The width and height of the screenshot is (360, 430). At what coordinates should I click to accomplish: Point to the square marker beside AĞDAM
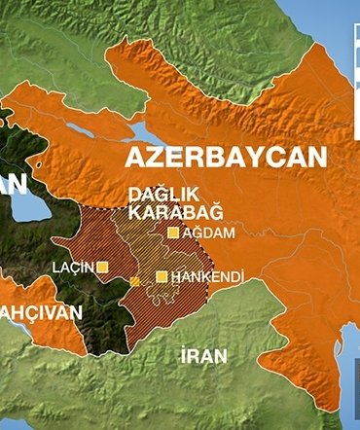click(x=173, y=233)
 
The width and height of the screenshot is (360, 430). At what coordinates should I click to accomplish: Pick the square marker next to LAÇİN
click(x=102, y=266)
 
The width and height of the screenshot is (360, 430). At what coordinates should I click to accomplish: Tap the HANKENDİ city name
click(x=205, y=277)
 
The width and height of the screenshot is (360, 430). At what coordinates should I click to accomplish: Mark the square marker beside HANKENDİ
click(x=162, y=276)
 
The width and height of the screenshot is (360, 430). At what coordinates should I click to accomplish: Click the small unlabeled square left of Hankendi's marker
click(x=134, y=281)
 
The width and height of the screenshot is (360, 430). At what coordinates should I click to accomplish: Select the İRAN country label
click(x=203, y=356)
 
